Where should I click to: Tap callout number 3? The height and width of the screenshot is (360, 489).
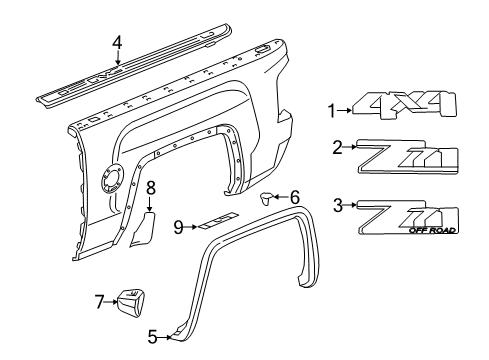coord(338,206)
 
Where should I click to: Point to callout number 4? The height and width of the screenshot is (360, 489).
coord(117,42)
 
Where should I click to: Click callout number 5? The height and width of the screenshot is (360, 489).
coord(152,338)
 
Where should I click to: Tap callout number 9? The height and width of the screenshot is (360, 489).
coord(178,227)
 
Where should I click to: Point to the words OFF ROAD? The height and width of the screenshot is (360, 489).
coord(433,232)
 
